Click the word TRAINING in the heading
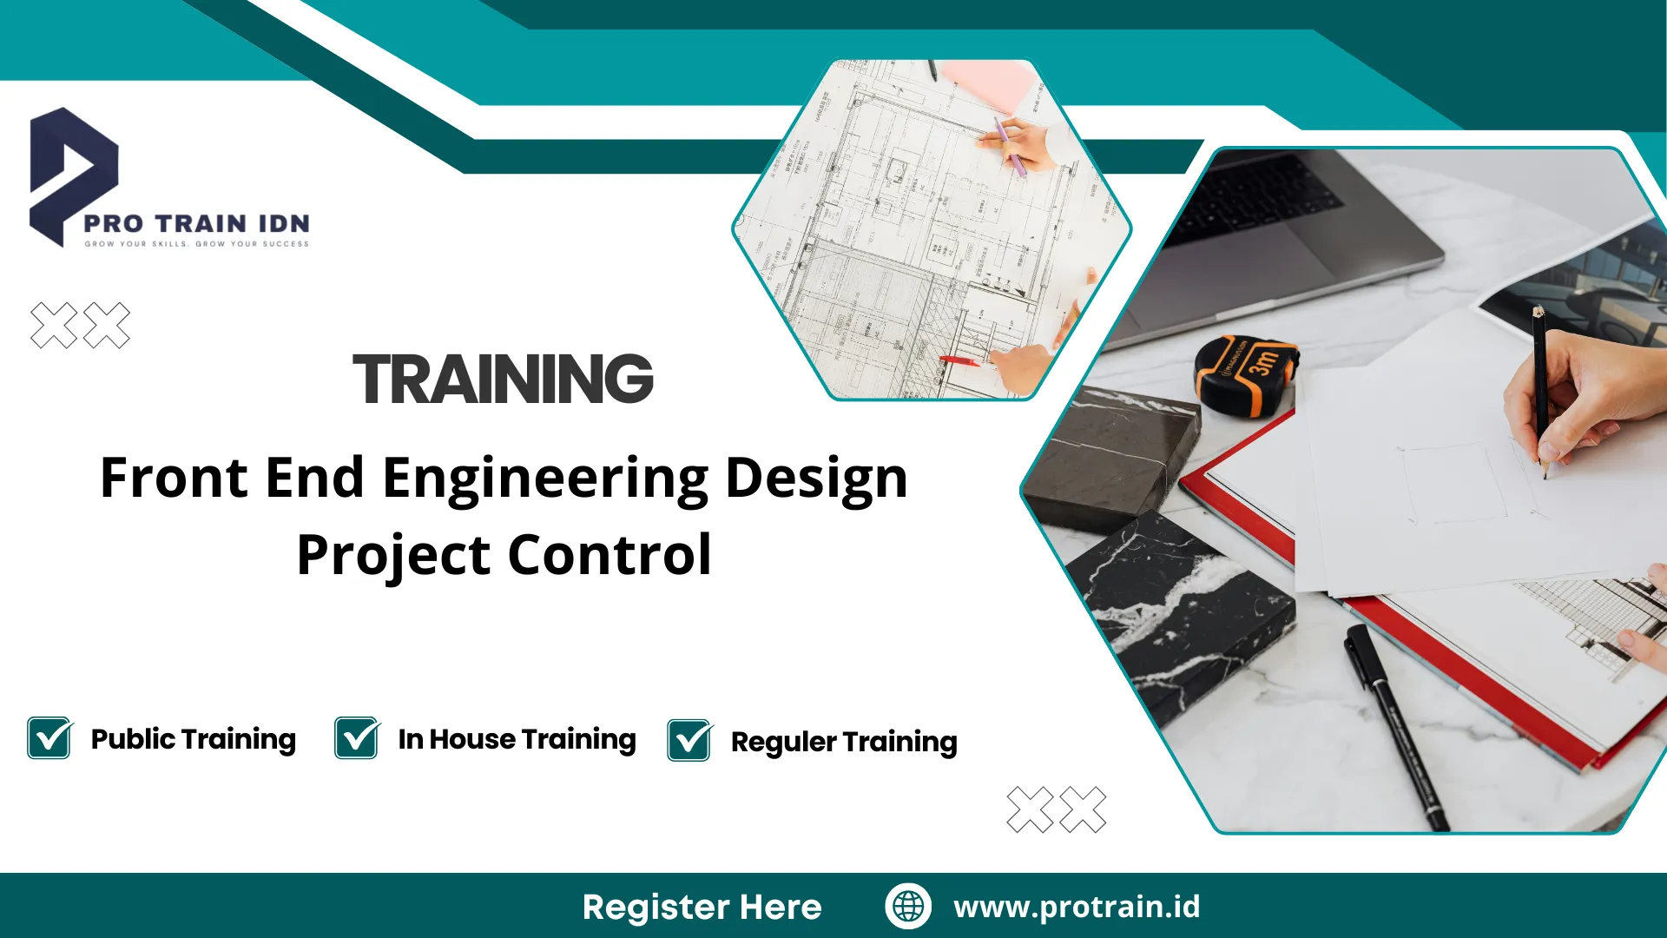coord(503,380)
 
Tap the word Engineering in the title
coord(545,479)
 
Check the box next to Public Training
coord(49,738)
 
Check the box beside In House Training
coord(356,738)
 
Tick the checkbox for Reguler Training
coord(689,741)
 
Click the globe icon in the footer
coord(908,906)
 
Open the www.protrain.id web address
coord(1077,907)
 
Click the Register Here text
coord(702,908)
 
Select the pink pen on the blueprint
coord(1009,148)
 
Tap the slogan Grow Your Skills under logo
coord(196,244)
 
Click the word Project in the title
coord(395,556)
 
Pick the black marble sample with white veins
coord(1181,608)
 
